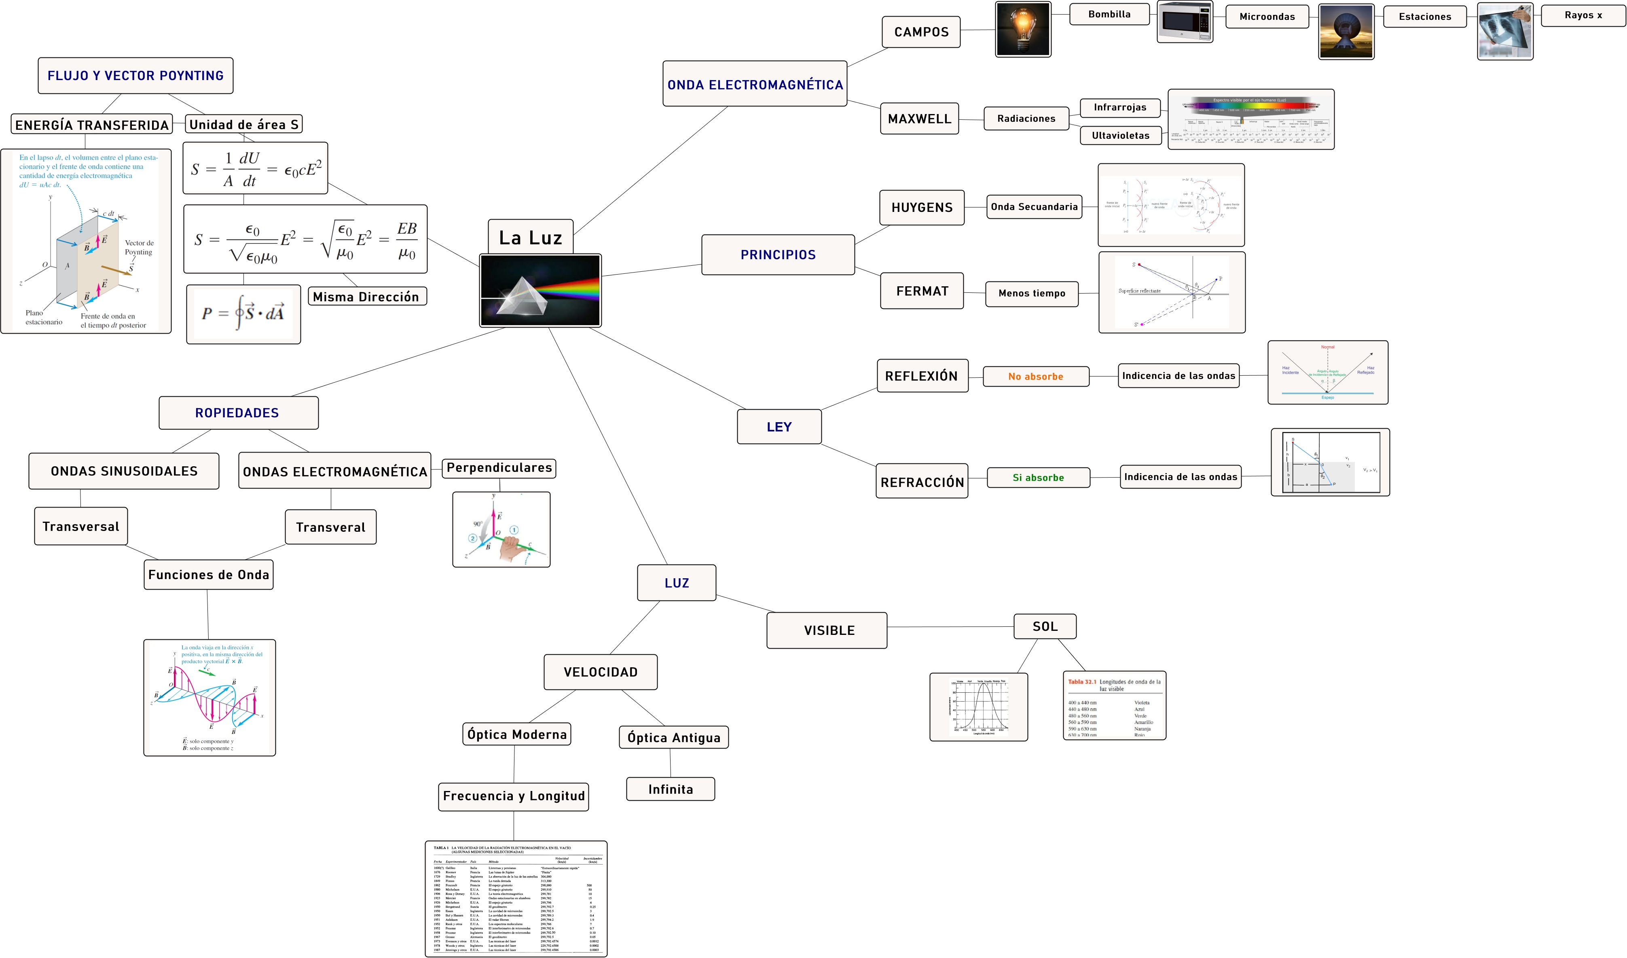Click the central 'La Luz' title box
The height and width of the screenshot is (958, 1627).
(530, 237)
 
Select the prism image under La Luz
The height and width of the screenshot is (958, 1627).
(540, 290)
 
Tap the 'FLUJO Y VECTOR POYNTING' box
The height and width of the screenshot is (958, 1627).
(135, 76)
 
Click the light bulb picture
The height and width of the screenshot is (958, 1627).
(1023, 30)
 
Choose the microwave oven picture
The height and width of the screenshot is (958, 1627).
(1185, 22)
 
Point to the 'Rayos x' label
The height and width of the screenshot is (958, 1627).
(1583, 15)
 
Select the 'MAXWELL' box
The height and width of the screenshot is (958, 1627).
(919, 119)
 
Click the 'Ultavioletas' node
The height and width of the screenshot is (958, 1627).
(1120, 135)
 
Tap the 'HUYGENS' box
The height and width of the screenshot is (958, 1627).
(922, 207)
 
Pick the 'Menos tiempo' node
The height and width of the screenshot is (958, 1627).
(1032, 294)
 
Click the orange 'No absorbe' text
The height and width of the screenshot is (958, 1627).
(1036, 376)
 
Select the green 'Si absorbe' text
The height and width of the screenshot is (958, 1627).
(1038, 478)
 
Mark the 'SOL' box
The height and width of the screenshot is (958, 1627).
(1045, 626)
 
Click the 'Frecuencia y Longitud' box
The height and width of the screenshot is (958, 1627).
(514, 796)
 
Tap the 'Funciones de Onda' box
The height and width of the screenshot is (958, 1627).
(209, 575)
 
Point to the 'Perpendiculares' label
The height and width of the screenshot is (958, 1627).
(499, 468)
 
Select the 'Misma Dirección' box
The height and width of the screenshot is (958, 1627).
(366, 297)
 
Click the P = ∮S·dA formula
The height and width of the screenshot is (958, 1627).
(243, 314)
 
